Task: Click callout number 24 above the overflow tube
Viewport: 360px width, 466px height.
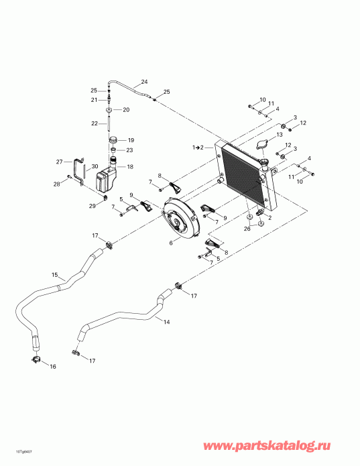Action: (144, 82)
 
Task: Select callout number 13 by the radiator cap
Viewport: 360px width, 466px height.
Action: (279, 135)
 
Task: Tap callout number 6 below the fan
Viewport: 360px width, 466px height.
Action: (171, 243)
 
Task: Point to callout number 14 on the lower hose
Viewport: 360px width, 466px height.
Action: (167, 322)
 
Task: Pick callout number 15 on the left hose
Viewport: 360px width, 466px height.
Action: (55, 275)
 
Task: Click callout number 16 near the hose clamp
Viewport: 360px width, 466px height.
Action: (52, 367)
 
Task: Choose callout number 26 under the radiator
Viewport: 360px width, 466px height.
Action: (247, 229)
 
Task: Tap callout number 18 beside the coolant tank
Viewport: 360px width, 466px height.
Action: (130, 167)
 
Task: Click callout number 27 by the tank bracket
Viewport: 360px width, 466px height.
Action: (60, 162)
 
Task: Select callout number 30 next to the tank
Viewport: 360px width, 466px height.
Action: (95, 166)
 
